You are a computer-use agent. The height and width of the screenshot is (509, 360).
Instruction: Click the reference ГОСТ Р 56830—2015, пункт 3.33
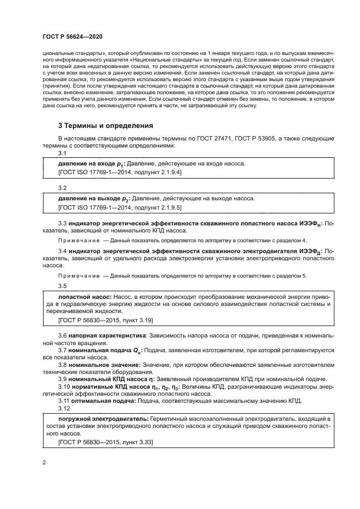(105, 444)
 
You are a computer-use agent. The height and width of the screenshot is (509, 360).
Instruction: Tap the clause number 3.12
(64, 408)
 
